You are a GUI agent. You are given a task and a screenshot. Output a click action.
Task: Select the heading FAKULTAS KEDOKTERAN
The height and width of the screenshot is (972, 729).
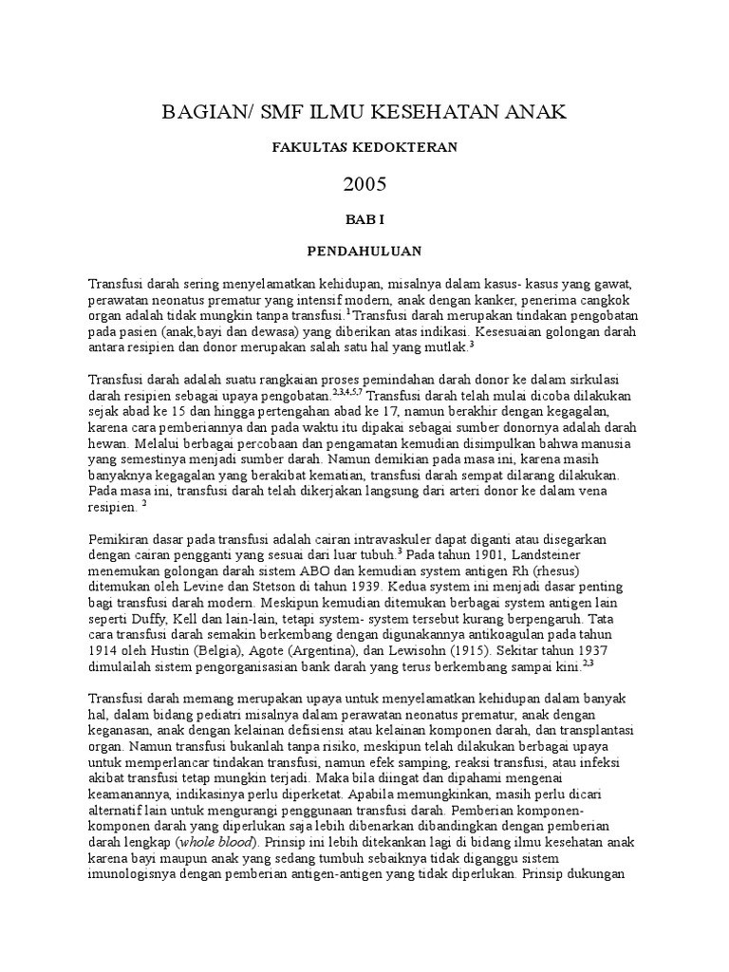coord(365,147)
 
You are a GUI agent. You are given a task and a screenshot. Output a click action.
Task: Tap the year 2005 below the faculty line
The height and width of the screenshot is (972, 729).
coord(365,183)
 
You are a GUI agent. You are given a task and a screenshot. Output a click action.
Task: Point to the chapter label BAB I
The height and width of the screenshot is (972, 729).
coord(365,218)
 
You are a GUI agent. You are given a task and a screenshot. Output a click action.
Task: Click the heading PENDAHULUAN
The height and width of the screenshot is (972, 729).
coord(365,252)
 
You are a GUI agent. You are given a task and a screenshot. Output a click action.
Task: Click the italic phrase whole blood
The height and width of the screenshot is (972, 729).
coord(218,843)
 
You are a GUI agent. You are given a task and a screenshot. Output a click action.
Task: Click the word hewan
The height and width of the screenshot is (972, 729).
coord(107,441)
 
